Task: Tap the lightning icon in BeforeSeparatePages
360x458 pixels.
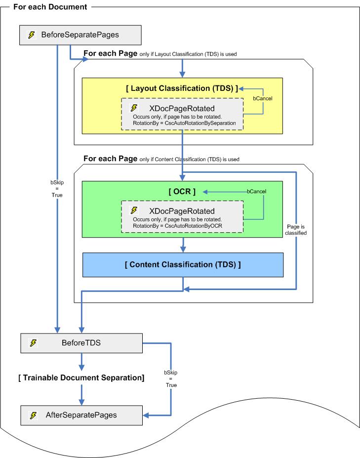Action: coord(31,35)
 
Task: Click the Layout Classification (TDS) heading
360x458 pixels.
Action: coord(182,88)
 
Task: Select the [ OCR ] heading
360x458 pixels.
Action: coord(182,192)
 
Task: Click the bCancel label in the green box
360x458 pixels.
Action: coord(252,191)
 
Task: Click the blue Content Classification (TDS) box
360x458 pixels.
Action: coord(182,264)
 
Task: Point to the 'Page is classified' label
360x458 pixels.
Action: coord(296,228)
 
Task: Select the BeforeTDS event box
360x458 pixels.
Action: coord(81,342)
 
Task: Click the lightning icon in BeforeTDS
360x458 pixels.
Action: coord(34,342)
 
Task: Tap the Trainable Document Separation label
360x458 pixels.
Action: coord(81,378)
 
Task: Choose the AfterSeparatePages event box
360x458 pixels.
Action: coord(81,415)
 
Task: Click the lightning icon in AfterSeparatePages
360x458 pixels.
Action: coord(34,415)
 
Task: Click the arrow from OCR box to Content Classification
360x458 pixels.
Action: coord(183,245)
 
